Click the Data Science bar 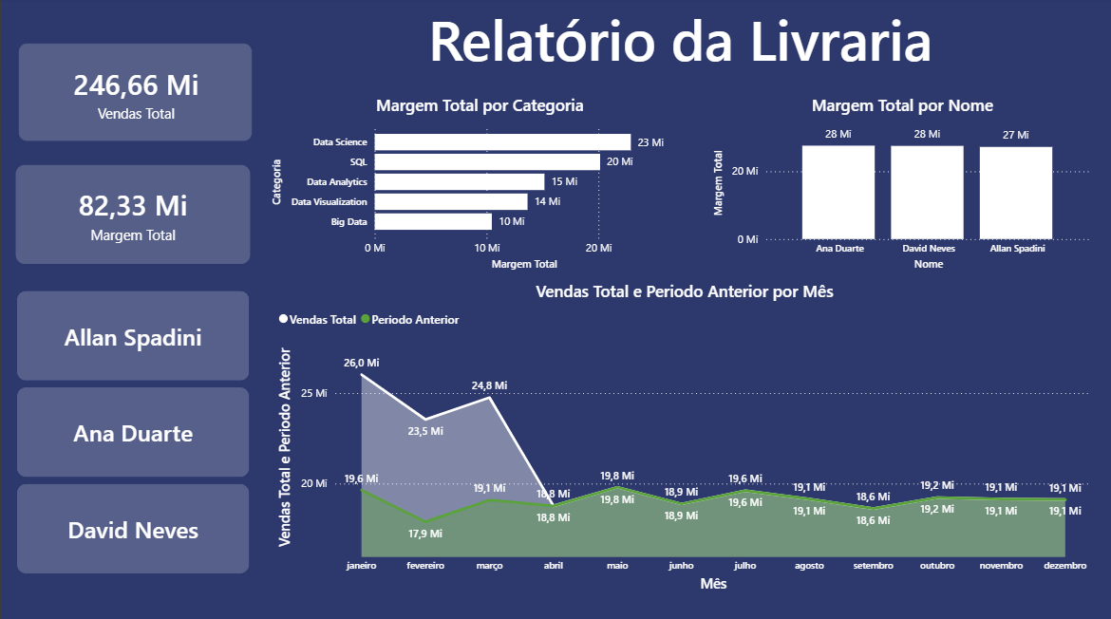502,142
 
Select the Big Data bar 433,221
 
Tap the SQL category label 358,162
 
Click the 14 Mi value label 547,201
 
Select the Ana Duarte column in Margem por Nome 838,192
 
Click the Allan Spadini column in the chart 1016,193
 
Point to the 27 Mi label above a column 1015,135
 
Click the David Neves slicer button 133,530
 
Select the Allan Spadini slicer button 133,337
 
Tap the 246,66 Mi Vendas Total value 136,85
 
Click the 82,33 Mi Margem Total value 133,205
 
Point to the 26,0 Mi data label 361,363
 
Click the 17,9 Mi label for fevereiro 425,534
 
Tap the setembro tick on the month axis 873,566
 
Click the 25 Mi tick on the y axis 314,393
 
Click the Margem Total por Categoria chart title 480,105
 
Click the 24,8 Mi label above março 489,385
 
